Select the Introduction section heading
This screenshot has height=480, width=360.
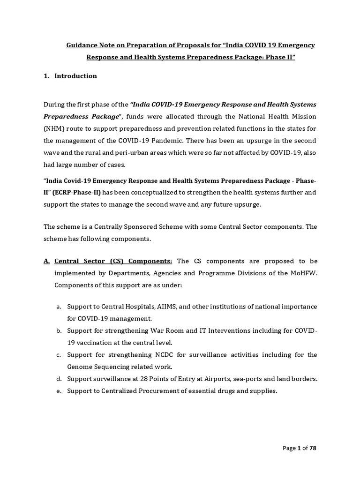(75, 76)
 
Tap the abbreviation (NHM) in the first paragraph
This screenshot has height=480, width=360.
(54, 128)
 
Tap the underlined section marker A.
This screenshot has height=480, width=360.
(46, 261)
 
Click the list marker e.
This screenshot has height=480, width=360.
(59, 391)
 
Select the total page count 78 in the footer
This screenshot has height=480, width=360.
(314, 448)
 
